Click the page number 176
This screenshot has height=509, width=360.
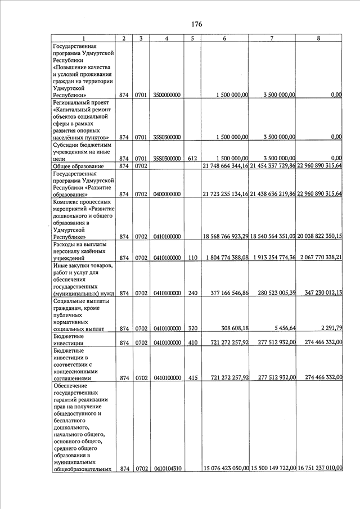click(196, 24)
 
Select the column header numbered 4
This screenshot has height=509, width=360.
click(166, 38)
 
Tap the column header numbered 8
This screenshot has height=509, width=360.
click(319, 38)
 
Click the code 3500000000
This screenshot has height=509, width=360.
click(166, 96)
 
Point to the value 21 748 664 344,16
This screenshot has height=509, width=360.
click(226, 166)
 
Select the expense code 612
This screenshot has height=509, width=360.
click(192, 159)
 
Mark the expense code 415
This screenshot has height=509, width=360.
click(192, 379)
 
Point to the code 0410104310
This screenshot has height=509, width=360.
click(166, 469)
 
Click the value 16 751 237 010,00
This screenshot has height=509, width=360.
click(319, 469)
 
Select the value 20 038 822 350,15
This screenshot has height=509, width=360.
click(319, 236)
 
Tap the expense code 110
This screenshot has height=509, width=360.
click(192, 258)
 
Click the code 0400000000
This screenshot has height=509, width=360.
click(166, 194)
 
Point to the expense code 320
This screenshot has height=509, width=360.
click(192, 327)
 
